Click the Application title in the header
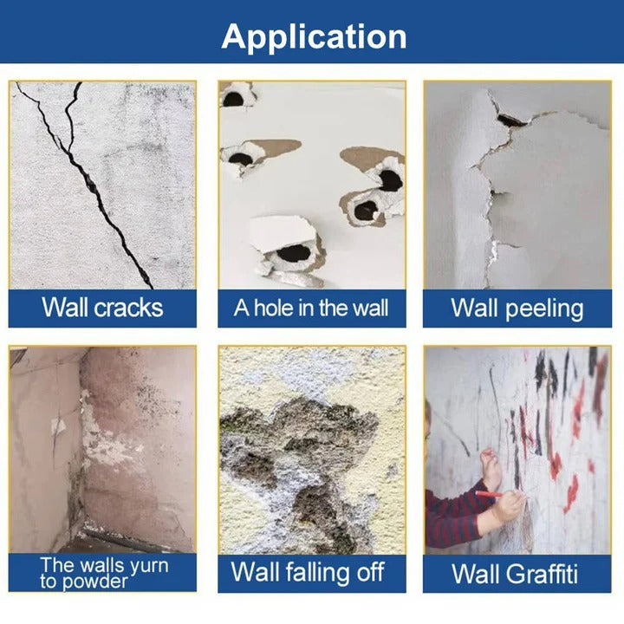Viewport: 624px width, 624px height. point(313,36)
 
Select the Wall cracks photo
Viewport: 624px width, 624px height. point(102,185)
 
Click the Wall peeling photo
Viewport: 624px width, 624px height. point(517,185)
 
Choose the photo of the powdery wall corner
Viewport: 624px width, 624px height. point(102,450)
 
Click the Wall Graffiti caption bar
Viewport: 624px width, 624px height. point(517,573)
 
